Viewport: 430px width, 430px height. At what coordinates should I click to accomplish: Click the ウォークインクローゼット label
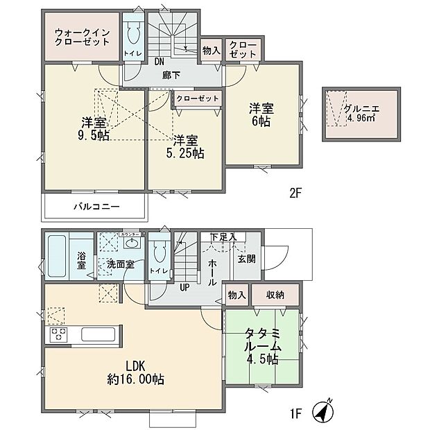click(x=82, y=35)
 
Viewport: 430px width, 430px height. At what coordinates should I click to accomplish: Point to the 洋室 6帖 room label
click(x=261, y=114)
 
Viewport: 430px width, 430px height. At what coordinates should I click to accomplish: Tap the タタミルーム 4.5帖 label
click(x=261, y=347)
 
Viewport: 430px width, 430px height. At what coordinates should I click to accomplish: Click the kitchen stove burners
click(x=58, y=335)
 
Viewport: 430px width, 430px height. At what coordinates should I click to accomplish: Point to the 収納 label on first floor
click(x=276, y=295)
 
